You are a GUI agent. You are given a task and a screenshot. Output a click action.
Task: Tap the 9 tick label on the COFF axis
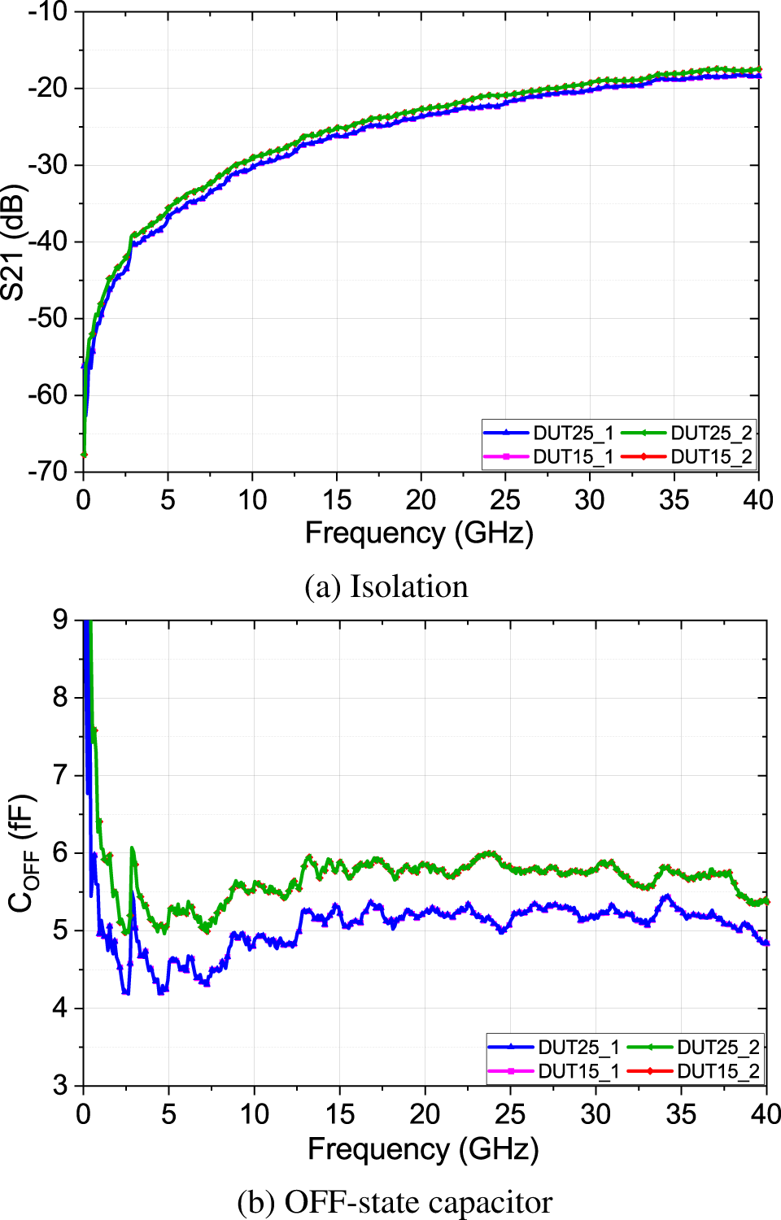[60, 620]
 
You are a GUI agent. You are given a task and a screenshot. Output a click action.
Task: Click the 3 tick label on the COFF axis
[60, 1085]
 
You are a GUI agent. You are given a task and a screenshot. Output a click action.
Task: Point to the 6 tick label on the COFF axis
[60, 852]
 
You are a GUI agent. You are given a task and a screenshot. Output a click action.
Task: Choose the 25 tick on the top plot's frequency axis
[504, 499]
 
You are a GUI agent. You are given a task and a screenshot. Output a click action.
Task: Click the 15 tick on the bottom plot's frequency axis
[339, 1113]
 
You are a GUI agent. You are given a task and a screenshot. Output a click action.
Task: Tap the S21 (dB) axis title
[14, 242]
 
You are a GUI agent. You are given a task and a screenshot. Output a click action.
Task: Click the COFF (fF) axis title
[22, 852]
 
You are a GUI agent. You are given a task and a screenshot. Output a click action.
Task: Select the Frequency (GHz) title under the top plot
[419, 533]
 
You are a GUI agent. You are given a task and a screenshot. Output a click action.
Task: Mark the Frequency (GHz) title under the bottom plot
[423, 1148]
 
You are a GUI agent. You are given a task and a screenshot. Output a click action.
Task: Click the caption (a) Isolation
[386, 586]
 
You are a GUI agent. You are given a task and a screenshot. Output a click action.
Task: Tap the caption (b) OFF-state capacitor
[395, 1202]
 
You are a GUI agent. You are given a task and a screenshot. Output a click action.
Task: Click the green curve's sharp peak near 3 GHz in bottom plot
[132, 848]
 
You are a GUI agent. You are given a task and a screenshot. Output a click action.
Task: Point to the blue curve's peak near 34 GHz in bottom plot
[667, 895]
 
